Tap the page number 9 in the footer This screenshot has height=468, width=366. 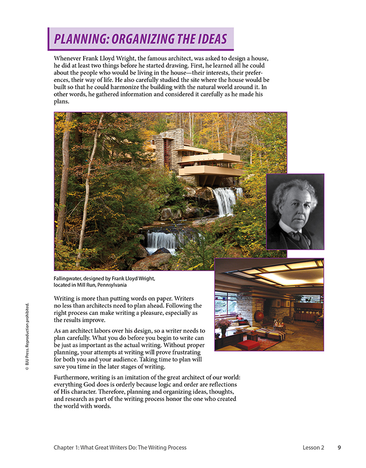[x=339, y=448]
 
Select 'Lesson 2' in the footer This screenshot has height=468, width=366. [x=313, y=448]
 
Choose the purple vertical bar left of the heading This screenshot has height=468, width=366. [x=49, y=39]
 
